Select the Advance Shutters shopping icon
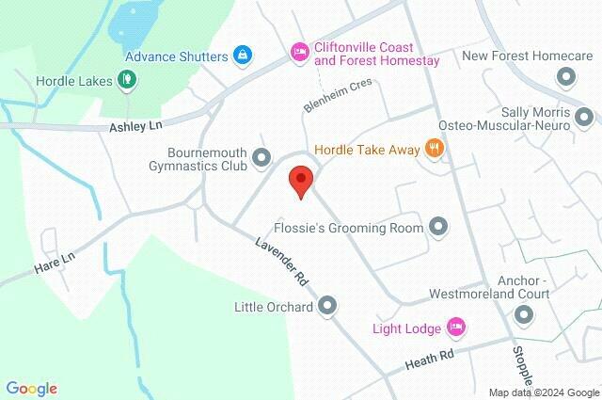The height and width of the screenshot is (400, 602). tap(242, 55)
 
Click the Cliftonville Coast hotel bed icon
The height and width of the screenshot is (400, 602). tap(299, 49)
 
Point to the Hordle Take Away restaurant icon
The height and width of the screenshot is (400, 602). tap(434, 148)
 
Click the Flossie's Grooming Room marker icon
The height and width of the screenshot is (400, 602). tap(438, 226)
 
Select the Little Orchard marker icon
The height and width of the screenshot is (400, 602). tap(327, 305)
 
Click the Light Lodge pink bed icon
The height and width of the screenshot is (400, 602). tap(456, 327)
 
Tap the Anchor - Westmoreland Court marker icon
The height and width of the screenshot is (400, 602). tap(524, 315)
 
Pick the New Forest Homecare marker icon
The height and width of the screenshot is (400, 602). tap(565, 78)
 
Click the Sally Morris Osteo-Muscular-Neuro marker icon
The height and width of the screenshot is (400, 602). tap(585, 118)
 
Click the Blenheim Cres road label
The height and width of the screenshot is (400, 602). tap(338, 96)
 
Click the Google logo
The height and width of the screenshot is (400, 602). tap(31, 389)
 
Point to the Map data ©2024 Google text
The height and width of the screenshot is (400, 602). tap(544, 392)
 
